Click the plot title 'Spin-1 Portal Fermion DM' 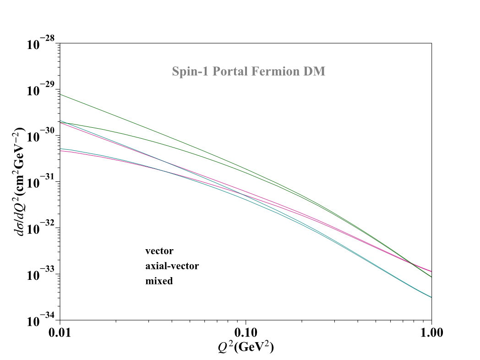[249, 71]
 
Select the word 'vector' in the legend [159, 251]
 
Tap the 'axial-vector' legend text [172, 266]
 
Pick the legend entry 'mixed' [159, 281]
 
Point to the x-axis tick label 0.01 [60, 333]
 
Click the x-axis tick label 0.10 [246, 333]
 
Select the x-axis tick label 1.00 [431, 333]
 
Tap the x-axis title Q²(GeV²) [246, 348]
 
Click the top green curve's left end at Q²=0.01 [60, 94]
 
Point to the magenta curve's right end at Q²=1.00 [431, 272]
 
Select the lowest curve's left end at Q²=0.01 [60, 150]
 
